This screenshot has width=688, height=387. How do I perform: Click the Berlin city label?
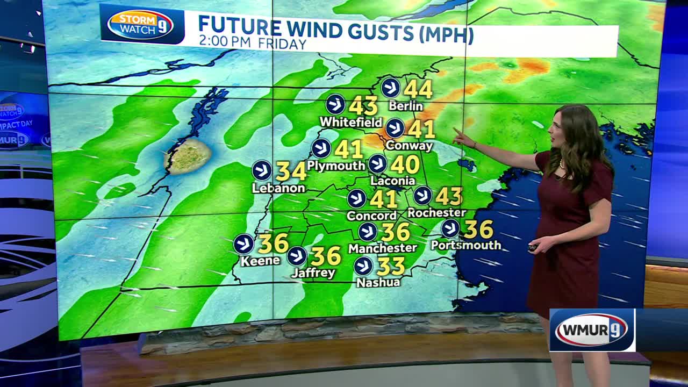(x=407, y=106)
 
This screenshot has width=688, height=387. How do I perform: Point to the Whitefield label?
(x=350, y=123)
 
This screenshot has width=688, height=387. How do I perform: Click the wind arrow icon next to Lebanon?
(x=262, y=170)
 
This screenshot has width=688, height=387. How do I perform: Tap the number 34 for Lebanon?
(x=291, y=171)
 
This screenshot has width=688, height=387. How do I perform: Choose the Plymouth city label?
(x=336, y=166)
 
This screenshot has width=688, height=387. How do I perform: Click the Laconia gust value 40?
(x=405, y=164)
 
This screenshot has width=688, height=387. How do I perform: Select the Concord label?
(x=372, y=216)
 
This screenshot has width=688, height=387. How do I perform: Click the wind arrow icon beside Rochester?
(x=422, y=196)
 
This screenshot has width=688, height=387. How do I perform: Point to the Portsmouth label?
(x=466, y=245)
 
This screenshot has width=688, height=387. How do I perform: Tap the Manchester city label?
(x=383, y=248)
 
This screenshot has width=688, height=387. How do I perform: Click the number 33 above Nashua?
(x=391, y=266)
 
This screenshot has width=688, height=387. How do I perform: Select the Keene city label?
(x=260, y=261)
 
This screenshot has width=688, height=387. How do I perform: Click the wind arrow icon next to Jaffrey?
(x=297, y=256)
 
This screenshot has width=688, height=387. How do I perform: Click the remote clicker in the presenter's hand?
(x=533, y=247)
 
